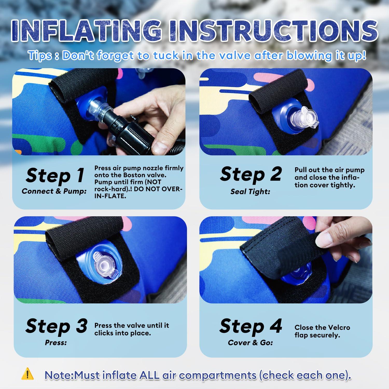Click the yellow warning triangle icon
[27, 374]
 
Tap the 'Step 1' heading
[55, 176]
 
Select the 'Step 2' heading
[251, 175]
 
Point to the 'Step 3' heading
[57, 326]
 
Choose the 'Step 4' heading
[251, 326]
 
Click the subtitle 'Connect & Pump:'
[54, 191]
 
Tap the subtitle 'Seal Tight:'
[250, 192]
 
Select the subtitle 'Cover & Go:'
[251, 343]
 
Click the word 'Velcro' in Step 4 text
[338, 328]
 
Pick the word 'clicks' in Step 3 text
[104, 333]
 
